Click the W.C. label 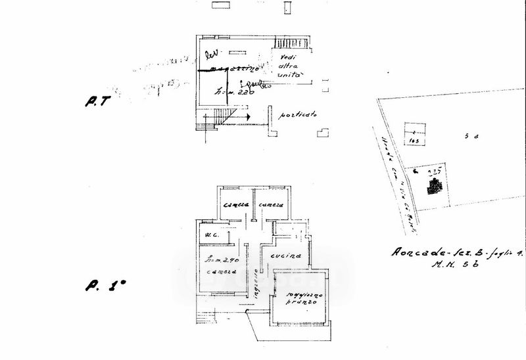212,234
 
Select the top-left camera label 235,206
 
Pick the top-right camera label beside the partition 271,206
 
